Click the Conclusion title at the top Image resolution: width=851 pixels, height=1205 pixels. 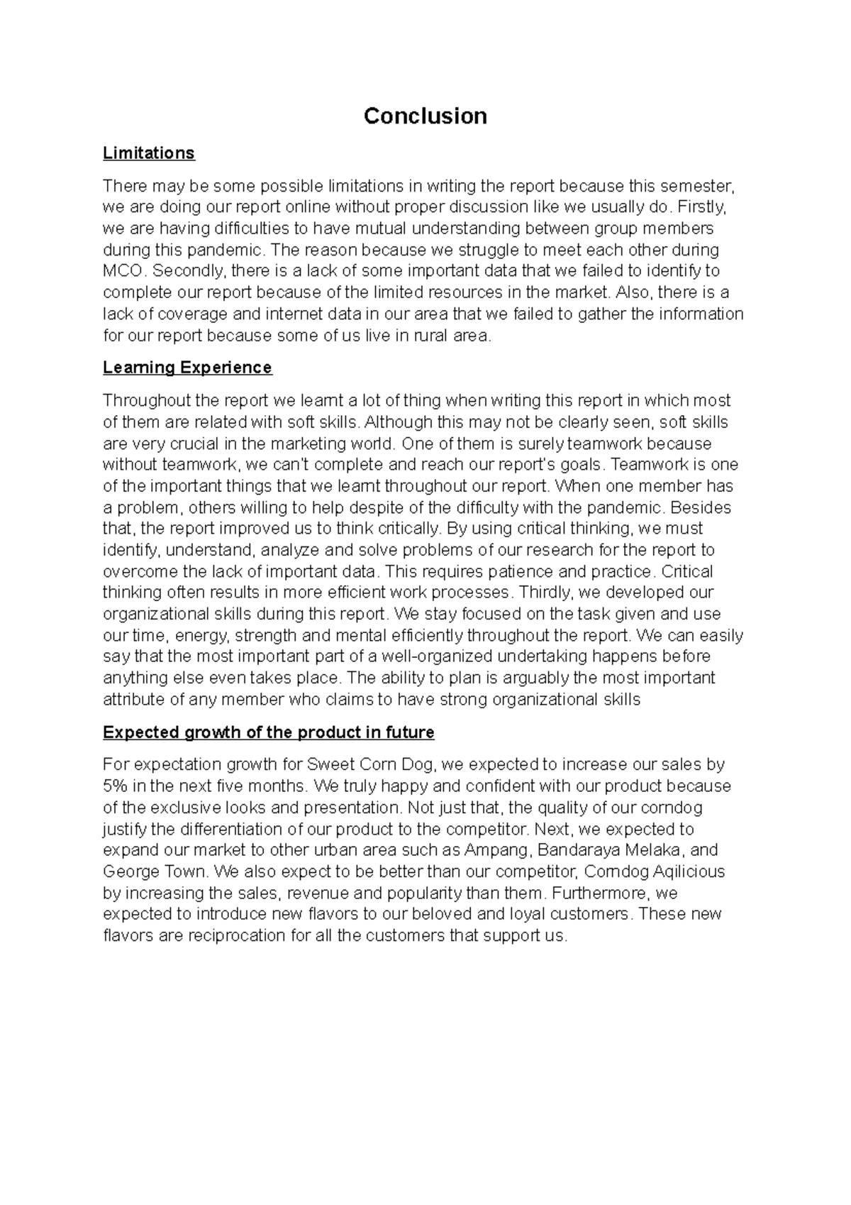425,116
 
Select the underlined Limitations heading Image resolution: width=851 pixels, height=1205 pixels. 148,153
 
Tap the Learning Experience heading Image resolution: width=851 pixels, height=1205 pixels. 187,368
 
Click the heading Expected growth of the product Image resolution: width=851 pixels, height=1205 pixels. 268,732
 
